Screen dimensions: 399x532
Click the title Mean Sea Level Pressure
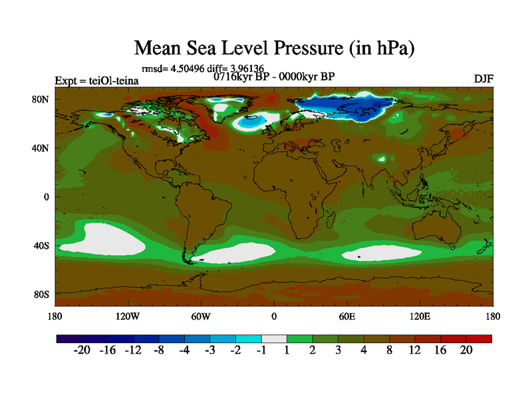[x=275, y=49]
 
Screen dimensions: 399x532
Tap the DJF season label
[x=483, y=78]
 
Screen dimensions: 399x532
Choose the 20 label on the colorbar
[x=465, y=351]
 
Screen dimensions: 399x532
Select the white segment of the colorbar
[x=274, y=339]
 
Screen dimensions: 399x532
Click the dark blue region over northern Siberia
[x=346, y=106]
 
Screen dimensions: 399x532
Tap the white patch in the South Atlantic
[x=236, y=253]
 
